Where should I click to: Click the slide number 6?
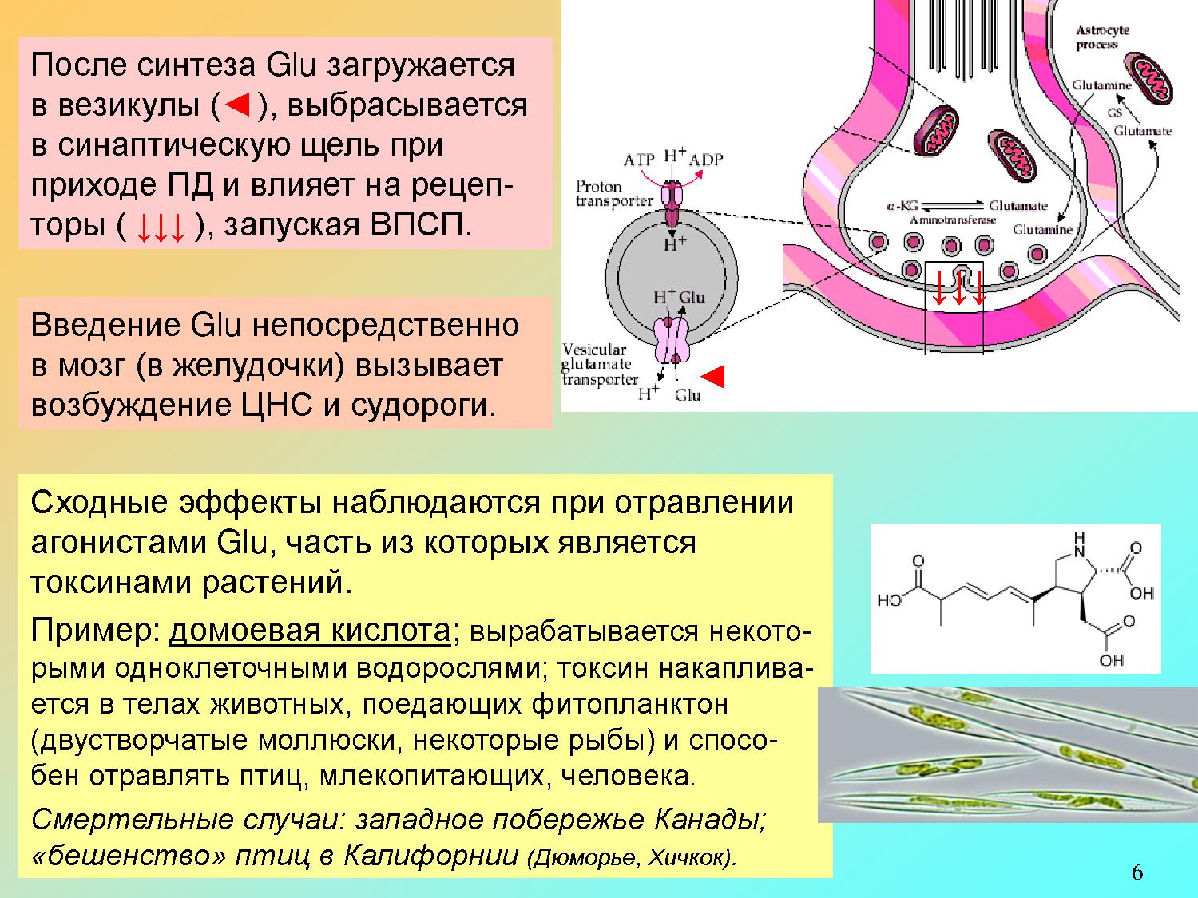click(x=1137, y=872)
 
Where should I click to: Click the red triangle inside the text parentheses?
click(x=237, y=105)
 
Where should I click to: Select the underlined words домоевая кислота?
click(x=309, y=631)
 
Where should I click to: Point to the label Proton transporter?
click(x=614, y=193)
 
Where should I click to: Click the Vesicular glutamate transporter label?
click(x=600, y=364)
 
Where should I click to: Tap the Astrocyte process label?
click(x=1102, y=37)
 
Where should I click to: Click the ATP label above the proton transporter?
click(x=639, y=160)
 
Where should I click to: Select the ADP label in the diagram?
click(x=706, y=160)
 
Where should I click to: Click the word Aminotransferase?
click(x=952, y=220)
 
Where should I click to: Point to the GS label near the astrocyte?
click(x=1115, y=112)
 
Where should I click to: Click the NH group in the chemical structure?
click(x=1080, y=544)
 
